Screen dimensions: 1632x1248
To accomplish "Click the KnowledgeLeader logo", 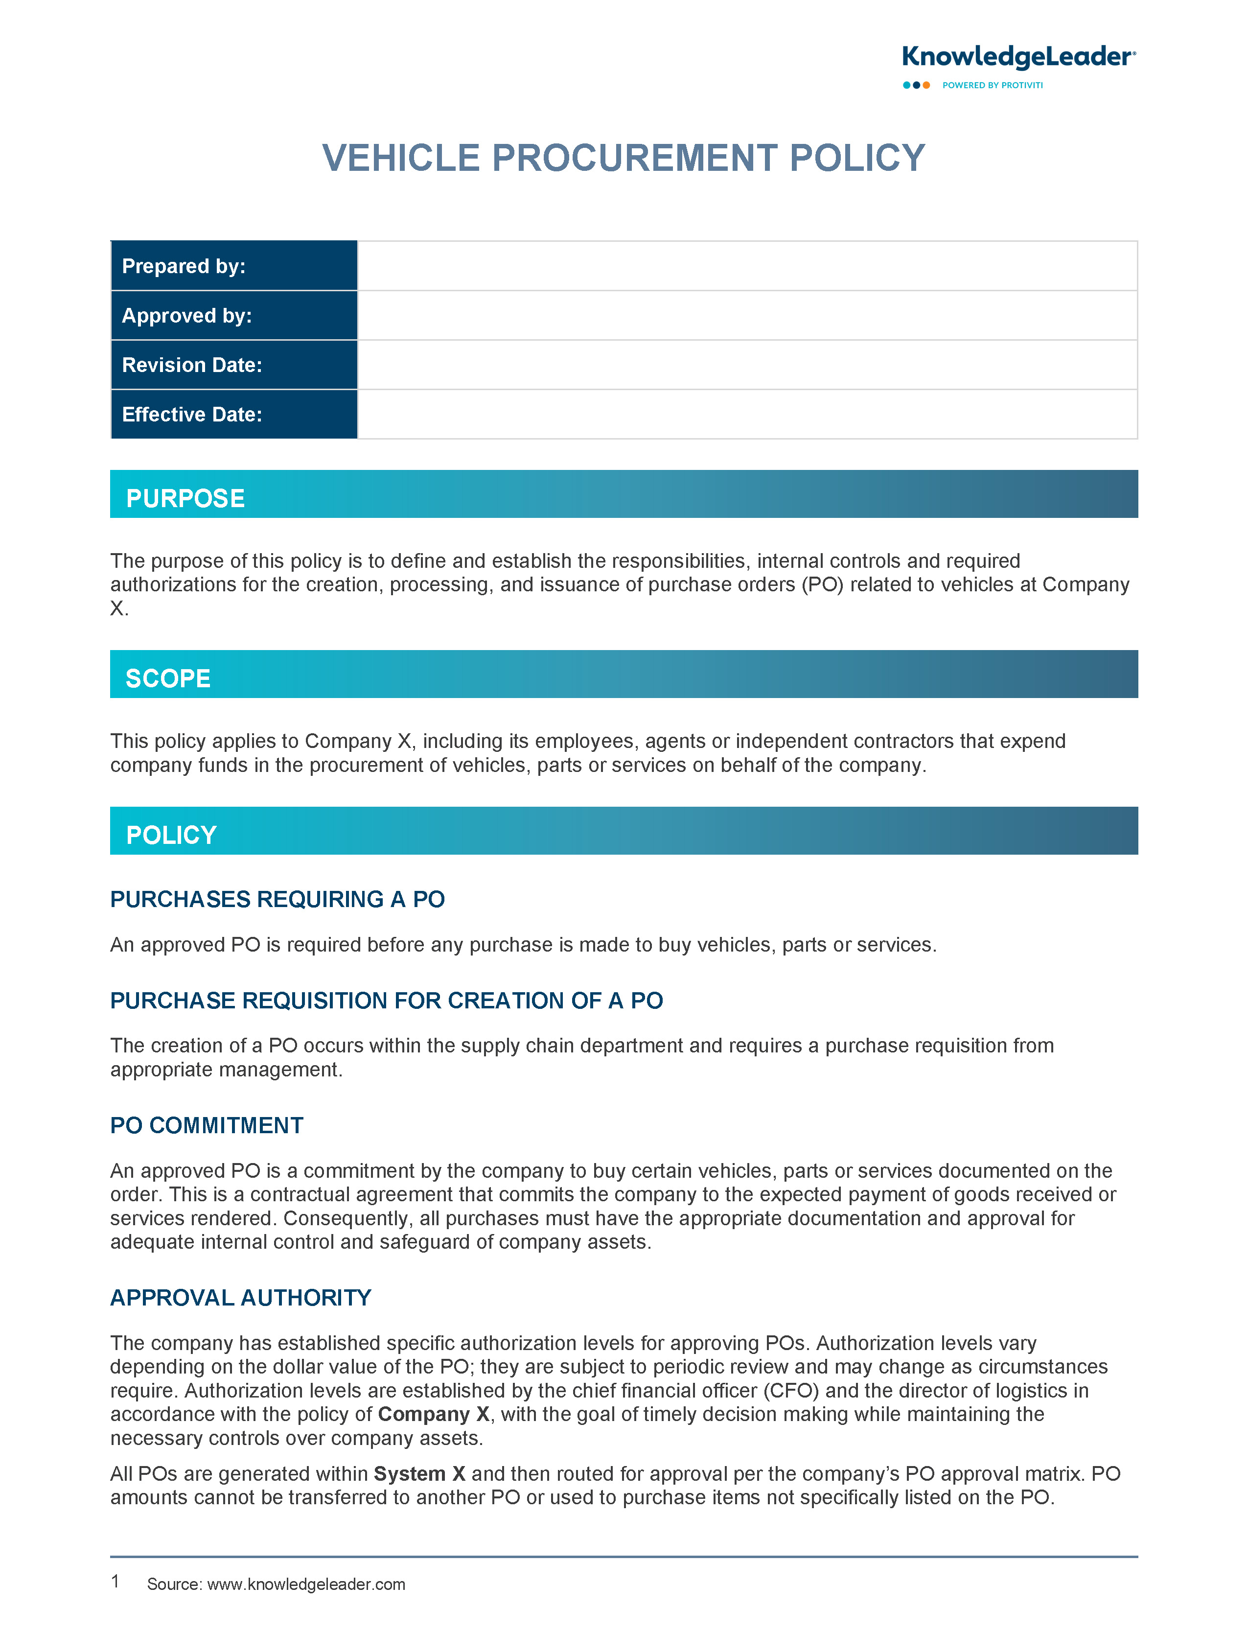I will (1017, 58).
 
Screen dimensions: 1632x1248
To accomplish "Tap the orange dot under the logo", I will (926, 86).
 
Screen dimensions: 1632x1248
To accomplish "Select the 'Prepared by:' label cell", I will (234, 266).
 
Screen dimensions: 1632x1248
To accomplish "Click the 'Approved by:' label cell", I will (234, 316).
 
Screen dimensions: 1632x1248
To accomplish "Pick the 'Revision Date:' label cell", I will (234, 365).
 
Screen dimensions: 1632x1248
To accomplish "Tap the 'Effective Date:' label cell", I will (234, 415).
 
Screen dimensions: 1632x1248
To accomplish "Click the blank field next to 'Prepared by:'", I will (746, 266).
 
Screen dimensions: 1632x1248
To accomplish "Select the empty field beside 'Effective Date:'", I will (746, 415).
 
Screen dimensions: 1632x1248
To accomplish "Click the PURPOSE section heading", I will (185, 498).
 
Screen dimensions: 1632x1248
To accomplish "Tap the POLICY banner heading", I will (172, 835).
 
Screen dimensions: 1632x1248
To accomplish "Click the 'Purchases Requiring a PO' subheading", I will (277, 900).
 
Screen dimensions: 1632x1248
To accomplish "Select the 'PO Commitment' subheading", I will (207, 1125).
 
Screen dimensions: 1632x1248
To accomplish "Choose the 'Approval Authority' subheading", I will (241, 1298).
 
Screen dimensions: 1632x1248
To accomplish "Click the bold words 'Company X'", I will (434, 1414).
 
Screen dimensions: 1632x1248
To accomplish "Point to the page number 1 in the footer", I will (115, 1582).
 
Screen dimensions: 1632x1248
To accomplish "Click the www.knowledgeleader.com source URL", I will (306, 1585).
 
